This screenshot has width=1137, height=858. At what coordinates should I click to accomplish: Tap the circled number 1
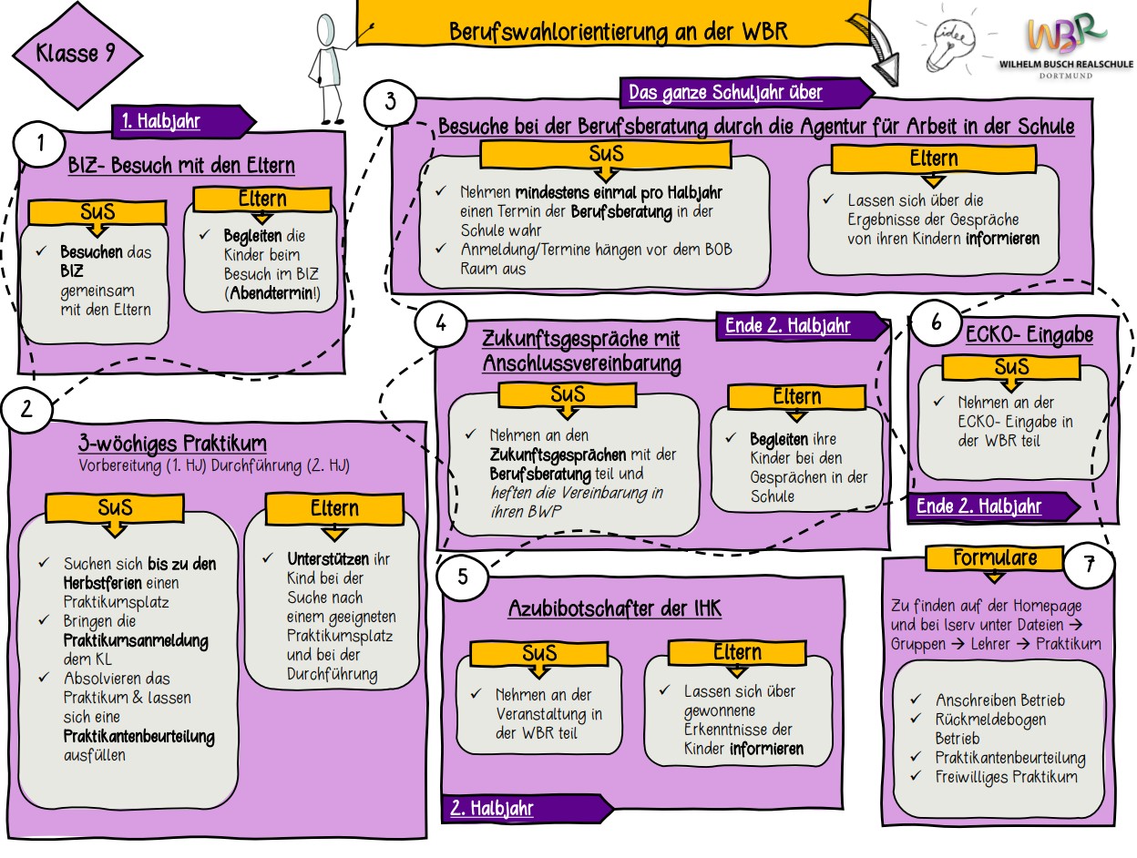[39, 146]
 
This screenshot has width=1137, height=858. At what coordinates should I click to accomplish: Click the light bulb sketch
[948, 42]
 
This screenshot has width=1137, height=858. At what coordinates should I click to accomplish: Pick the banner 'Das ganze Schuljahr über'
[725, 92]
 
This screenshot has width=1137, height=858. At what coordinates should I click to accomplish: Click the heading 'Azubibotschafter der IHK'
[615, 608]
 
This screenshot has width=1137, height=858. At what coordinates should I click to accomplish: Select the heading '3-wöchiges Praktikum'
[172, 444]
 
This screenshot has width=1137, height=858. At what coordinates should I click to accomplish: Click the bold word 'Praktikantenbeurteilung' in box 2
[139, 736]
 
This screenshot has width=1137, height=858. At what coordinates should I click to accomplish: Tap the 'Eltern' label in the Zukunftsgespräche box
[797, 396]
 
